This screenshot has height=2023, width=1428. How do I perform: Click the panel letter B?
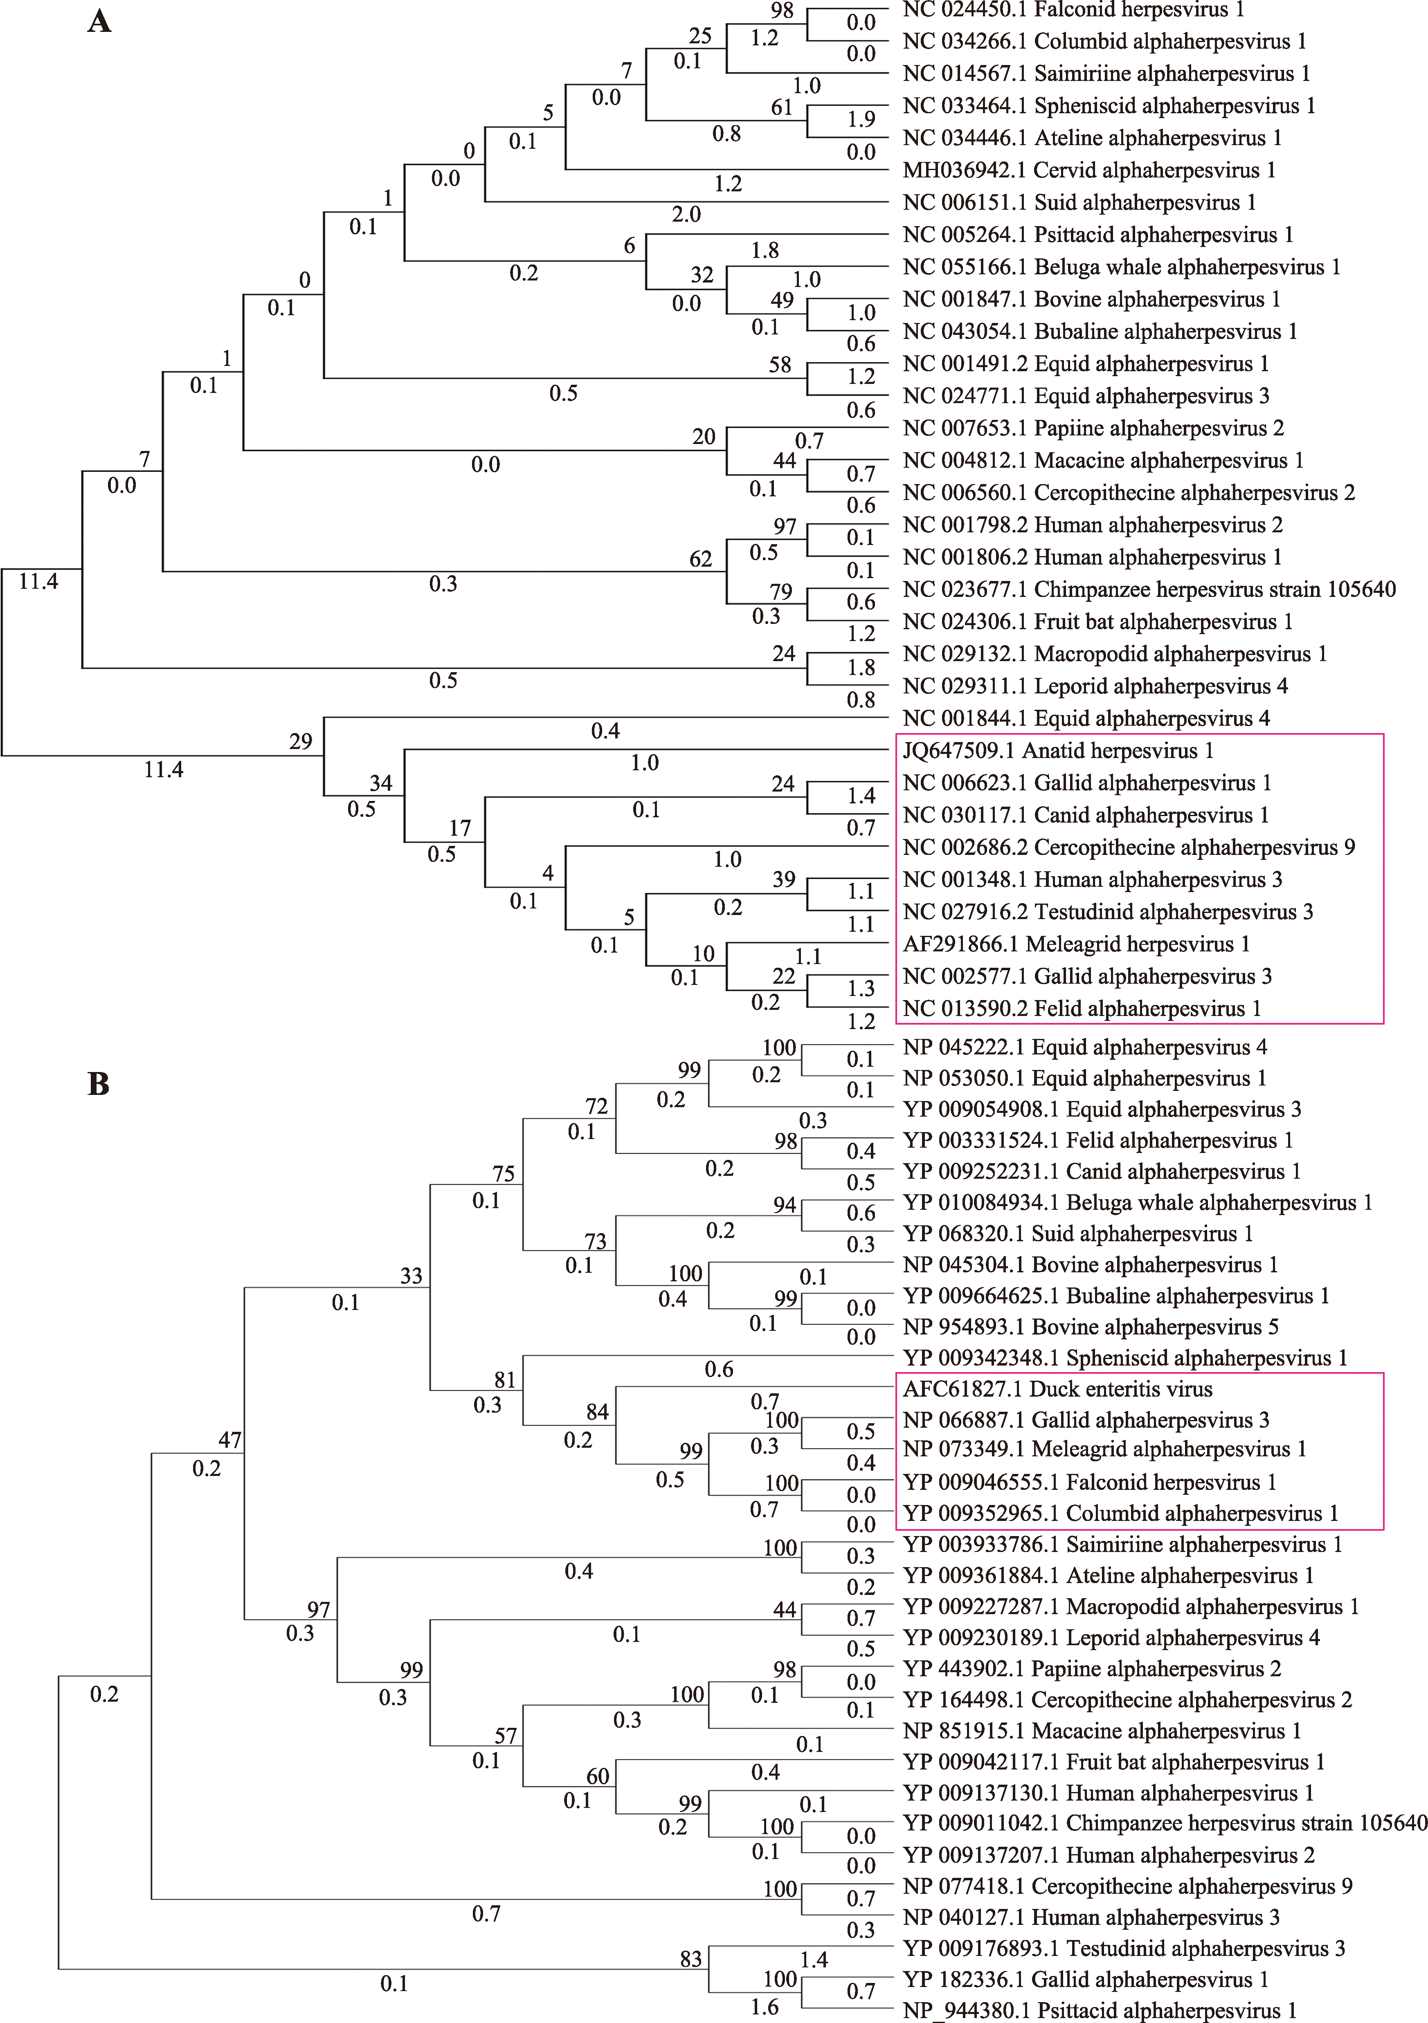tap(99, 1084)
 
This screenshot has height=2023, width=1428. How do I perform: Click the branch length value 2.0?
tap(686, 214)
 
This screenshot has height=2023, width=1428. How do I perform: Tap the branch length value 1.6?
tap(764, 2007)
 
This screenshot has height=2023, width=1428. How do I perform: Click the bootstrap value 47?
tap(230, 1440)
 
